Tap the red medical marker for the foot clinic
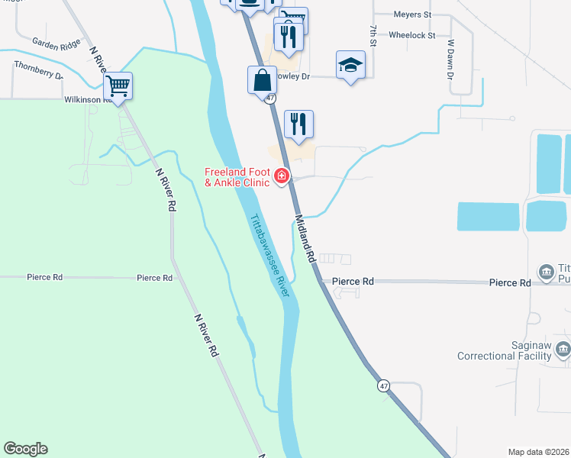[x=282, y=177]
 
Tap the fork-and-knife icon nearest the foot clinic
[x=298, y=124]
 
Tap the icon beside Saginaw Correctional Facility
[x=563, y=350]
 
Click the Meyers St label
[x=412, y=15]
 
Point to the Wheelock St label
[x=411, y=35]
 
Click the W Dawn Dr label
[x=451, y=60]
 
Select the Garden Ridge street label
[x=56, y=43]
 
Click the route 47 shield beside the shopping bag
[x=270, y=98]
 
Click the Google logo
[x=26, y=449]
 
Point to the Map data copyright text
[x=539, y=452]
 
